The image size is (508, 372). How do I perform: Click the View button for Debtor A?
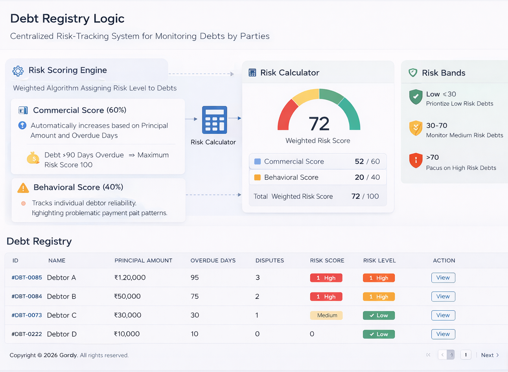coord(443,278)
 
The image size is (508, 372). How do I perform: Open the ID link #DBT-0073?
coord(27,315)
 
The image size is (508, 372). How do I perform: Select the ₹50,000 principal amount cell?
coord(127,296)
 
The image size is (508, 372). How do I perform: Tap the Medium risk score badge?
coord(326,315)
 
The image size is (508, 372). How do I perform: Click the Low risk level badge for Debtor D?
coord(379,334)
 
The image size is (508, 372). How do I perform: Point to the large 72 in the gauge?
coord(319,124)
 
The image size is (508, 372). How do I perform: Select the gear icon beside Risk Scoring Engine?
coord(18,71)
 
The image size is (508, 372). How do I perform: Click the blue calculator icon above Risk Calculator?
coord(214,120)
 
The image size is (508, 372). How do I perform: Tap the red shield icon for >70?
coord(416,160)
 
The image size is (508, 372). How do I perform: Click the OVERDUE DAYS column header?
coord(213,260)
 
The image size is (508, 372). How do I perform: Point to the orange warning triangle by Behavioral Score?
coord(23,188)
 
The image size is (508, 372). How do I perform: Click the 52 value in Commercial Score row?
coord(359,162)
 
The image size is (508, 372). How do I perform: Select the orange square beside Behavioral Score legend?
coord(258,177)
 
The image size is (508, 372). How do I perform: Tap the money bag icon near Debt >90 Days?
coord(33,158)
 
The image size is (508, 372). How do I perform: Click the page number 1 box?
coord(466,355)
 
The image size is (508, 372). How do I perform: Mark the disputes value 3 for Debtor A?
coord(258,278)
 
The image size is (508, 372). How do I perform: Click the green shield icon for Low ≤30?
coord(416,97)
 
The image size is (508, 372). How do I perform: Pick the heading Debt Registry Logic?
coord(67,18)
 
